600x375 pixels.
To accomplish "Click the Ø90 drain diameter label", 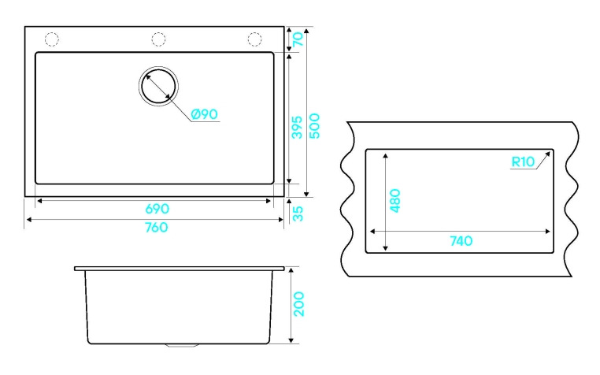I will pyautogui.click(x=203, y=114).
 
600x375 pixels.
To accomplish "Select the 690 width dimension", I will pyautogui.click(x=157, y=209).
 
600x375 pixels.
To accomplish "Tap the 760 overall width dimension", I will pyautogui.click(x=157, y=227).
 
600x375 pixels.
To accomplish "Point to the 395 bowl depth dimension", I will pyautogui.click(x=297, y=123).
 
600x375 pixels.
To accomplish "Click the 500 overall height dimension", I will pyautogui.click(x=314, y=124).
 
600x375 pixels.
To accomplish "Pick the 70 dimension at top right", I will pyautogui.click(x=298, y=39).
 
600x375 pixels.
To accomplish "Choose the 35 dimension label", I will pyautogui.click(x=298, y=213).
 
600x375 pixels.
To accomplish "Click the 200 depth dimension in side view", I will pyautogui.click(x=299, y=304).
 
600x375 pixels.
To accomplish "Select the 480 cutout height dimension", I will pyautogui.click(x=396, y=201).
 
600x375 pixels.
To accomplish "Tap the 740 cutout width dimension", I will pyautogui.click(x=461, y=241).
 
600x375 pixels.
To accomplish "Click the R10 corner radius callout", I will pyautogui.click(x=523, y=162).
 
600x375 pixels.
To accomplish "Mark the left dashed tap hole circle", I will pyautogui.click(x=53, y=39).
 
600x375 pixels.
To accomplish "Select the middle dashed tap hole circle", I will pyautogui.click(x=158, y=39).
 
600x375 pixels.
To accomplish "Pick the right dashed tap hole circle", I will pyautogui.click(x=255, y=39).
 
